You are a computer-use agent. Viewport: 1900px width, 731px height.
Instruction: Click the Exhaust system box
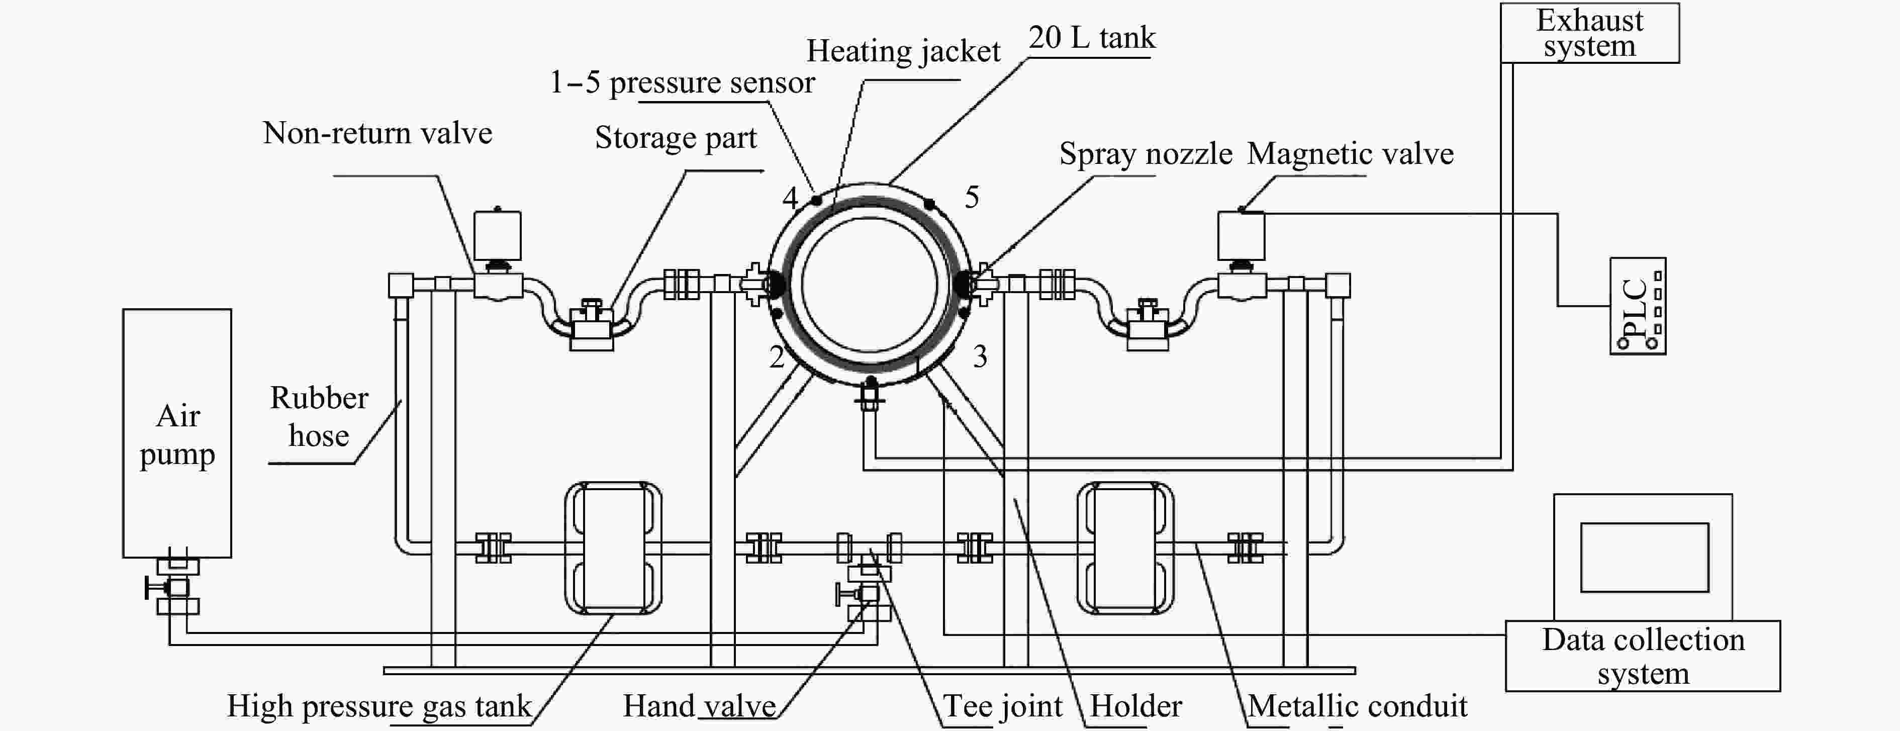click(1589, 33)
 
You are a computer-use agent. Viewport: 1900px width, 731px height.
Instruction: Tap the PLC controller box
click(1638, 306)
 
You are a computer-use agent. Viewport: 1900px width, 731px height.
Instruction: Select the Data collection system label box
click(1643, 656)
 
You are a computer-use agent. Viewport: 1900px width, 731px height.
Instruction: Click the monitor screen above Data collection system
click(1644, 557)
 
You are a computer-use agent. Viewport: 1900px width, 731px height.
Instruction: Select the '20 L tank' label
click(1092, 38)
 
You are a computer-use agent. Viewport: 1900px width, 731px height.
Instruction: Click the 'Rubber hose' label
click(319, 417)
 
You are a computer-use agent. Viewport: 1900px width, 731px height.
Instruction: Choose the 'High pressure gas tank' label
click(379, 706)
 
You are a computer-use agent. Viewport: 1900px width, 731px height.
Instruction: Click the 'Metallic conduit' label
click(1357, 706)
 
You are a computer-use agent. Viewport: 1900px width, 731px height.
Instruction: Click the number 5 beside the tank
click(972, 197)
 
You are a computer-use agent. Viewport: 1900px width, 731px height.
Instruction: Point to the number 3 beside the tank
click(980, 357)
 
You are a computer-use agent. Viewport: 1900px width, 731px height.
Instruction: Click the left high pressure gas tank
click(613, 548)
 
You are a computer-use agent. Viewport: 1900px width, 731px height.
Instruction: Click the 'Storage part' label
click(676, 138)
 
